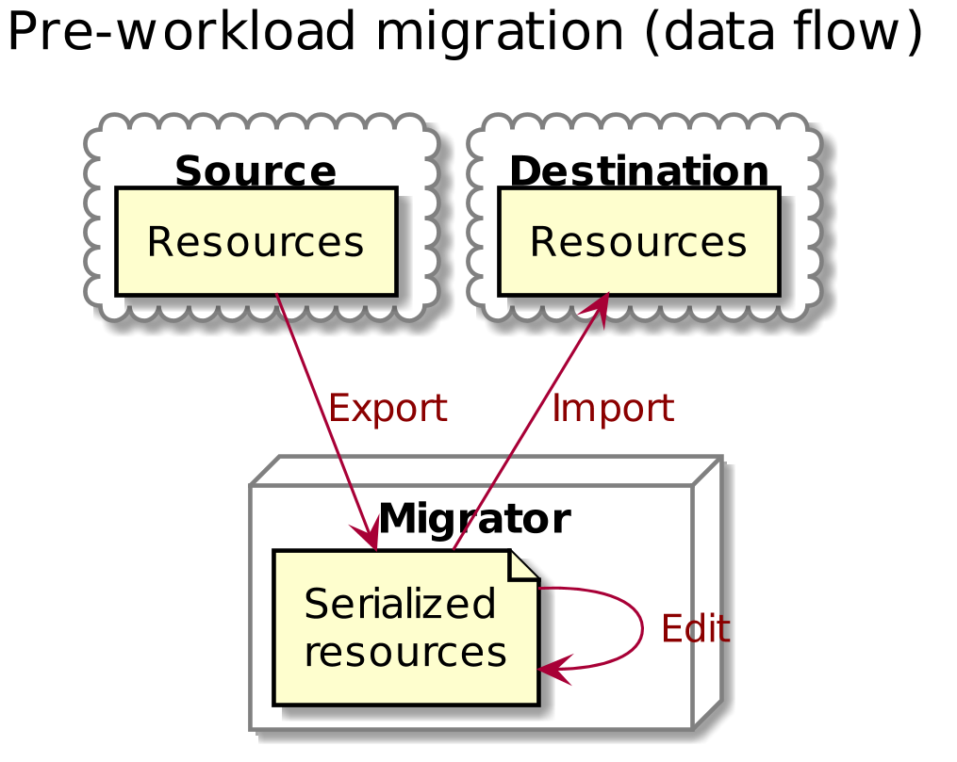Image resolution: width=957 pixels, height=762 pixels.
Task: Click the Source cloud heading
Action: tap(256, 172)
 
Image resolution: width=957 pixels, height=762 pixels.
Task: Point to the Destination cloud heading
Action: tap(639, 172)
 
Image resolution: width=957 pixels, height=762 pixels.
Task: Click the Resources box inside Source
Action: tap(256, 242)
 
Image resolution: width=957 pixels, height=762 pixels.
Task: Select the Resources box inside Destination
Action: tap(639, 242)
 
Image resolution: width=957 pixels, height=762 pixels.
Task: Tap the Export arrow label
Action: tap(387, 409)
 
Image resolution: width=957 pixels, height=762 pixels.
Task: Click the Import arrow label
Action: tap(612, 409)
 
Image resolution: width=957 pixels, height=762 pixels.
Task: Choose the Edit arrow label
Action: tap(696, 628)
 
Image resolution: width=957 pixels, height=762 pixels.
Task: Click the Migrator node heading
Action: tap(473, 519)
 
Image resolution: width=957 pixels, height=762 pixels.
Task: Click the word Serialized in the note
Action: tap(400, 604)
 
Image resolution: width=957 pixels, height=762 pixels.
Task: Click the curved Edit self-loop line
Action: tap(642, 627)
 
